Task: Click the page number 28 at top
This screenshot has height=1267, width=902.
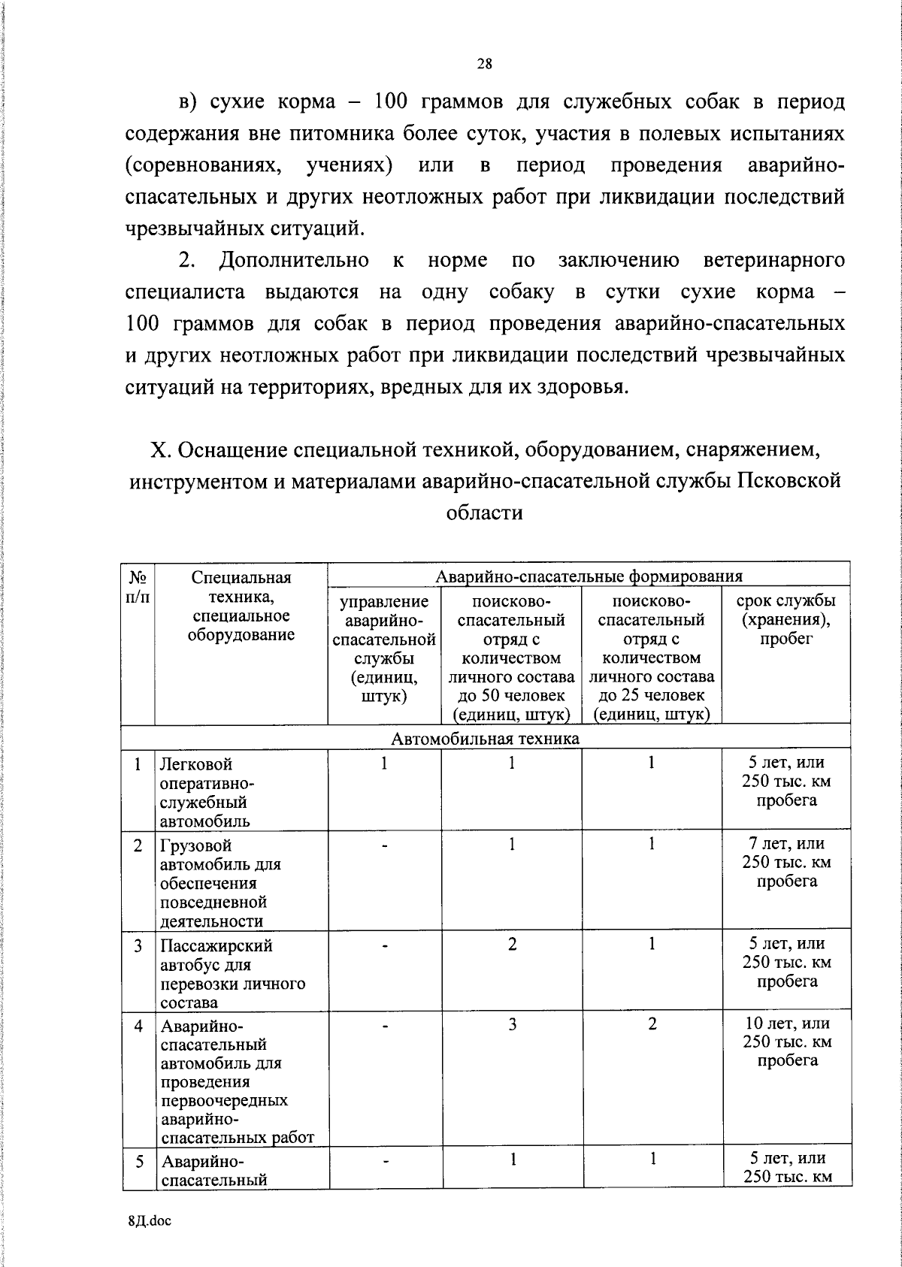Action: (484, 64)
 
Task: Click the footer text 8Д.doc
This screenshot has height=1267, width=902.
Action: (150, 1221)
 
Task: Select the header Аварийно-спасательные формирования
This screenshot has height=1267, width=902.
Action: (589, 576)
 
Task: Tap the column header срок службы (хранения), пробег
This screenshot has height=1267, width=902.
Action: (786, 620)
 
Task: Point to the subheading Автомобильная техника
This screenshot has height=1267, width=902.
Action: (486, 738)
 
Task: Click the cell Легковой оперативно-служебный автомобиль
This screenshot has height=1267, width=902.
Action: (207, 792)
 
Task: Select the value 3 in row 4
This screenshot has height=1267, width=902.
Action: (512, 1024)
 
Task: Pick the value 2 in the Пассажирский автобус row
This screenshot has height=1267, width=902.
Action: (512, 944)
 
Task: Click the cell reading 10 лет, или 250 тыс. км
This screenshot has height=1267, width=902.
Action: (786, 1042)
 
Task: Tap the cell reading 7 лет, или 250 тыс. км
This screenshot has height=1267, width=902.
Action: (786, 862)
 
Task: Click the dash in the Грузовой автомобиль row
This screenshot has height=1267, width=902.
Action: (384, 845)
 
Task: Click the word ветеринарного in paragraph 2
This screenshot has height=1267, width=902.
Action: (773, 260)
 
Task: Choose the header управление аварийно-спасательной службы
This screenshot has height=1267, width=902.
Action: (384, 648)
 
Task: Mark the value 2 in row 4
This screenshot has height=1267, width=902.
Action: (652, 1024)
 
